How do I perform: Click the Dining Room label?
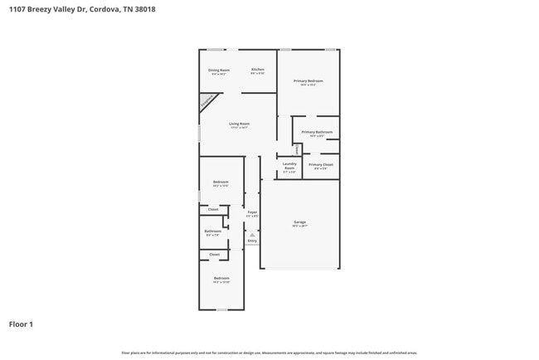220,71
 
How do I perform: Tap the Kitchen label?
258,70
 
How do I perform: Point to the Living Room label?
240,124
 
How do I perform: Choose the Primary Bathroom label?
317,133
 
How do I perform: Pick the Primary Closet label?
321,165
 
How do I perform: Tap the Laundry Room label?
289,166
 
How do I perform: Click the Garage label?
300,223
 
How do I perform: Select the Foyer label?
252,212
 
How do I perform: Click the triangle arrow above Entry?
252,235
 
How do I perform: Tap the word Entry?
252,241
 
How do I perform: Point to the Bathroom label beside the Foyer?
213,231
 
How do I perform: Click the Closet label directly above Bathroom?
213,209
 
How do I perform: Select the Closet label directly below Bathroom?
214,254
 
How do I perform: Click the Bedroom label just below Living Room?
221,182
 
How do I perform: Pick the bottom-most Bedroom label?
221,278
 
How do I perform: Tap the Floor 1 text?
22,324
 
